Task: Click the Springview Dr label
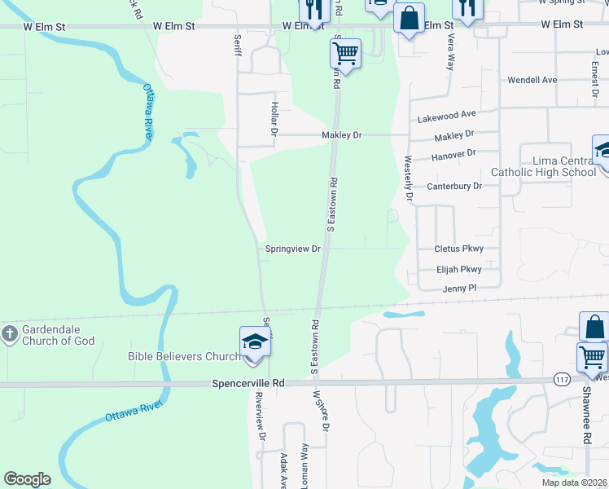pyautogui.click(x=293, y=249)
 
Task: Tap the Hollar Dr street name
pyautogui.click(x=274, y=118)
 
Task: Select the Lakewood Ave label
pyautogui.click(x=446, y=117)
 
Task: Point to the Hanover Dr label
pyautogui.click(x=455, y=153)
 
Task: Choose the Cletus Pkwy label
pyautogui.click(x=458, y=249)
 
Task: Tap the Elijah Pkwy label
pyautogui.click(x=458, y=269)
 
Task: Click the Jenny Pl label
pyautogui.click(x=459, y=289)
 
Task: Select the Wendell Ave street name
pyautogui.click(x=532, y=81)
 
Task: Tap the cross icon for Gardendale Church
pyautogui.click(x=9, y=333)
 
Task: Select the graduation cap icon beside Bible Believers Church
pyautogui.click(x=254, y=341)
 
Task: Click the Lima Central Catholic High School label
pyautogui.click(x=544, y=166)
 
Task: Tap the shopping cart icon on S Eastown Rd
pyautogui.click(x=345, y=54)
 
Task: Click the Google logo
pyautogui.click(x=28, y=479)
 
